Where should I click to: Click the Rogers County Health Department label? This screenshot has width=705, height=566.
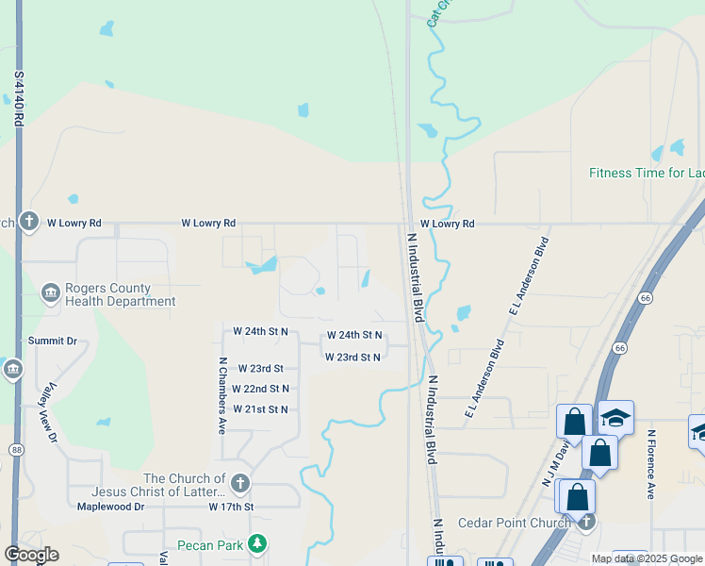pos(120,295)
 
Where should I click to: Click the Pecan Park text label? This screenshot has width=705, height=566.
pos(210,544)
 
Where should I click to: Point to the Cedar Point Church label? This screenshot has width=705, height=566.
pos(514,524)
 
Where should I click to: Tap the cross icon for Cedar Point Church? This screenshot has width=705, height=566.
pos(586,521)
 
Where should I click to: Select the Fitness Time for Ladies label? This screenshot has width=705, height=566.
pos(646,173)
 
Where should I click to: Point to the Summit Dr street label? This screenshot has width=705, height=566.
pos(52,341)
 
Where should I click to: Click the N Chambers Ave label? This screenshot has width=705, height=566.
pos(222,394)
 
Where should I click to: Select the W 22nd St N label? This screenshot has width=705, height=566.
pos(260,389)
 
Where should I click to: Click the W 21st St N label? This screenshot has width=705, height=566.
pos(260,408)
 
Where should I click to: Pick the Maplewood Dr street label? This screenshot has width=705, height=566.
pos(110,507)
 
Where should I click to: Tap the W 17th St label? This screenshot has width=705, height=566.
pos(232,507)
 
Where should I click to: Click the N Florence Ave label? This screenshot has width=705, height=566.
pos(650,464)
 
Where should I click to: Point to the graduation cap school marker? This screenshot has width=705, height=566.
pos(615,417)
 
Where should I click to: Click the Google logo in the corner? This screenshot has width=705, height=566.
pos(31,555)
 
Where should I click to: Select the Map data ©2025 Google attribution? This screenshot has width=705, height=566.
pos(647,558)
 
